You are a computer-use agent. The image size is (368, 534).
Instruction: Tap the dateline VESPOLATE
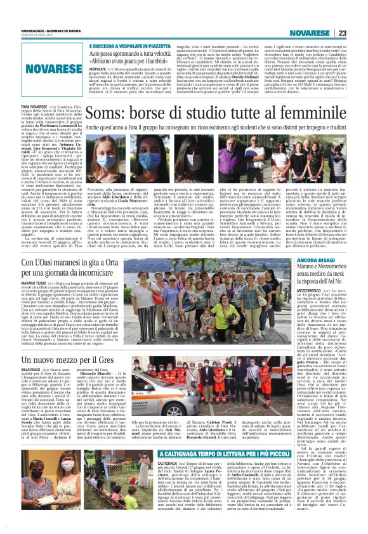click(x=100, y=69)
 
